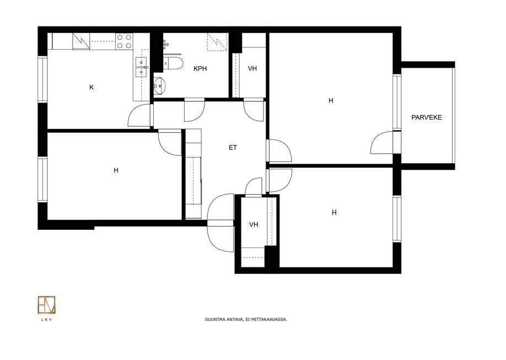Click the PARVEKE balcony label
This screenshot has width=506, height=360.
pos(426,117)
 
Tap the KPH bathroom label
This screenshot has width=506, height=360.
pos(200,68)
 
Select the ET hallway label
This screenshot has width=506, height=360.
pos(233,148)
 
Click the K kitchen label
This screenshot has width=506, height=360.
pos(91,87)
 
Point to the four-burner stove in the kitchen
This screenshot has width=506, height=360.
pos(124,41)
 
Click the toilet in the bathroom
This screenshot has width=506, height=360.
pos(173,63)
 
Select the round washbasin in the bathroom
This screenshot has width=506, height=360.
pos(159,86)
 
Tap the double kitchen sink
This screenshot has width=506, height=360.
pos(141,67)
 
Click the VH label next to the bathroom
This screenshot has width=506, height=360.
pos(252,68)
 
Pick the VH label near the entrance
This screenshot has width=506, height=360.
pos(254,224)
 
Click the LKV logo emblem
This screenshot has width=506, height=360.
pos(46,305)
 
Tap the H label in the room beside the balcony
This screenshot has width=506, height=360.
pos(331,101)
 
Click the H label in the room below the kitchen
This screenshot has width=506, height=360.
pos(116,170)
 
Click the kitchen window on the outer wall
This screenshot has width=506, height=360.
pos(42,79)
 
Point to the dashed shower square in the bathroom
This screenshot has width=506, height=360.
pos(218,42)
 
